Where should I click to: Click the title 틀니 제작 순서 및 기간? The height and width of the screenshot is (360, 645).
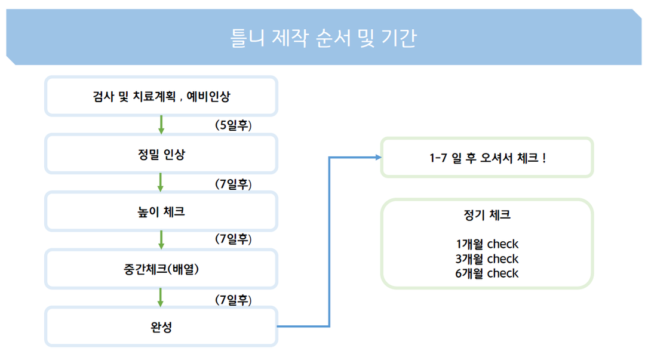(x=323, y=38)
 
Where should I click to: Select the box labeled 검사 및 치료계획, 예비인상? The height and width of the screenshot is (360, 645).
(x=161, y=96)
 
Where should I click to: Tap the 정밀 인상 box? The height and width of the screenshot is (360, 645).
(x=161, y=154)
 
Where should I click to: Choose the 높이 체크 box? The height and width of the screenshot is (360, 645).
(x=161, y=211)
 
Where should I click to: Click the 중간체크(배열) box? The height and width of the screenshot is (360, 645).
(x=161, y=269)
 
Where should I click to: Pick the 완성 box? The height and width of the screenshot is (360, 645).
(x=161, y=327)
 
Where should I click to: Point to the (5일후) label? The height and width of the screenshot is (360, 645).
(x=234, y=125)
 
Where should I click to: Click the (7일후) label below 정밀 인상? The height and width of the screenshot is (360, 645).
(x=234, y=184)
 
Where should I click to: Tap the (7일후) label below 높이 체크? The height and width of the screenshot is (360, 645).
(x=234, y=239)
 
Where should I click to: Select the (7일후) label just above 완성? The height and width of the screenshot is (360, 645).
(x=234, y=300)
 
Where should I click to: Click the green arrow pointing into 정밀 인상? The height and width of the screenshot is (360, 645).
(x=161, y=125)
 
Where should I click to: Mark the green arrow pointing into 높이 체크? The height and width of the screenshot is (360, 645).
(x=161, y=182)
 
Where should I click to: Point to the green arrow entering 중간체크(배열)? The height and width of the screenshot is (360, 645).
(x=161, y=240)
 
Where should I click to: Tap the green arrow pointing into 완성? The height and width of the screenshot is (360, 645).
(x=161, y=297)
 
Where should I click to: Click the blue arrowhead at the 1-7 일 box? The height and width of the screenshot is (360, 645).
(x=379, y=157)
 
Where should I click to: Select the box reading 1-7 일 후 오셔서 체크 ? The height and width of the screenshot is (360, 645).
(x=487, y=158)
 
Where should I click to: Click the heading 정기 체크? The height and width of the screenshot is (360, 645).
(x=487, y=215)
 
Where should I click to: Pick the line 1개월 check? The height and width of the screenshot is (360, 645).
(x=487, y=244)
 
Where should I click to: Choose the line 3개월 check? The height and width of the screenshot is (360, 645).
(x=487, y=259)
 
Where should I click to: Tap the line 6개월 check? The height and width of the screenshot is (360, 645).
(x=487, y=273)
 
